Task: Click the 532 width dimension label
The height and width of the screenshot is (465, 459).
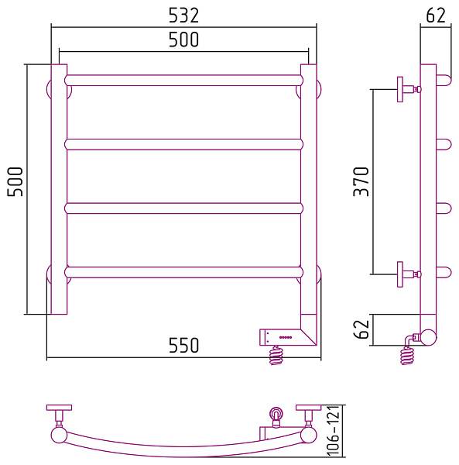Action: click(x=183, y=15)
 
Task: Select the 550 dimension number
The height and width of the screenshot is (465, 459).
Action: click(x=183, y=345)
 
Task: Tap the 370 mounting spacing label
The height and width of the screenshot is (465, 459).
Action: click(x=361, y=182)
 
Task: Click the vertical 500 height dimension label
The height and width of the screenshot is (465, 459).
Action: click(x=15, y=182)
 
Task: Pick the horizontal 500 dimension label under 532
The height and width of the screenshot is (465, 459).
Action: click(x=183, y=40)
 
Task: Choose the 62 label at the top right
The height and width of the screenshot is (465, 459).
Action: click(x=436, y=15)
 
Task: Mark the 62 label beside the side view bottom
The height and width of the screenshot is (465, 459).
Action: click(x=361, y=329)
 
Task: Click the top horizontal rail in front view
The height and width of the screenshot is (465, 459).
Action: click(x=184, y=81)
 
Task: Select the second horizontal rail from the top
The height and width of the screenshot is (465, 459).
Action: click(x=184, y=144)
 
